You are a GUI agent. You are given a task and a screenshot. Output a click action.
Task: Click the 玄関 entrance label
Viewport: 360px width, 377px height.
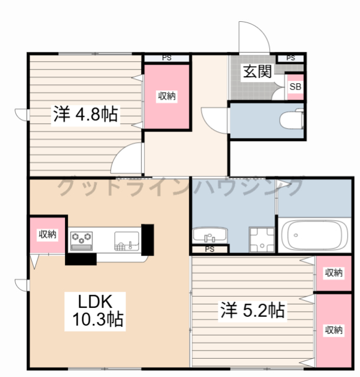257,71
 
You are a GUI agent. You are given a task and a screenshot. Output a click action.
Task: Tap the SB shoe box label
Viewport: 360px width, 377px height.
295,87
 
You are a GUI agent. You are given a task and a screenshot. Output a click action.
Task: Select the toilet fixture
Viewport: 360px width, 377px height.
292,119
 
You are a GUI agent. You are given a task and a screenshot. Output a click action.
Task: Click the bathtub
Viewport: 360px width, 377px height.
315,235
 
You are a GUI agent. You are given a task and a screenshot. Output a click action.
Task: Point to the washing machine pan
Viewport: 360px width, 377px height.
262,240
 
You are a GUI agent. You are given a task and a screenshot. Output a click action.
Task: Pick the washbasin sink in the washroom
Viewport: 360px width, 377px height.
210,235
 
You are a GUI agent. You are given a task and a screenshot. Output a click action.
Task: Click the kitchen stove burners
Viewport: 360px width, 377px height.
81,241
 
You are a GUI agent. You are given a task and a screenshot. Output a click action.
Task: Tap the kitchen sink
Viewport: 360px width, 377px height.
127,241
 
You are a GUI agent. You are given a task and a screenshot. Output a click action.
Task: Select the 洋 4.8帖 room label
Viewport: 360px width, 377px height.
86,114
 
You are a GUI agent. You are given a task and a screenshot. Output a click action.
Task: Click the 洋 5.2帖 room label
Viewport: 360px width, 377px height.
253,310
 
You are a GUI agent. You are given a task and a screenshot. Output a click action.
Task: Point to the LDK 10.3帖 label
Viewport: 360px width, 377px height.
96,311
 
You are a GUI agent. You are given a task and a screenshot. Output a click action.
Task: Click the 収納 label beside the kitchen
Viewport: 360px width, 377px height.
48,234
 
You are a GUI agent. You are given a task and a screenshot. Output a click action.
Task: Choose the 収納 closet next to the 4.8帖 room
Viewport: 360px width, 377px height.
166,96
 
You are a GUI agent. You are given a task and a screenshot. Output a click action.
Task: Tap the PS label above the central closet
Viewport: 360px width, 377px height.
166,58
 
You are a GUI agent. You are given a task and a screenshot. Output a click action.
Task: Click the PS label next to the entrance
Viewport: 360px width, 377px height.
290,58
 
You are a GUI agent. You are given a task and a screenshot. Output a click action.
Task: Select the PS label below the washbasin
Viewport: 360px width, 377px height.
210,249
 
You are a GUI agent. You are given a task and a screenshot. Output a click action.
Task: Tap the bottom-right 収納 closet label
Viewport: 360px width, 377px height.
333,330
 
